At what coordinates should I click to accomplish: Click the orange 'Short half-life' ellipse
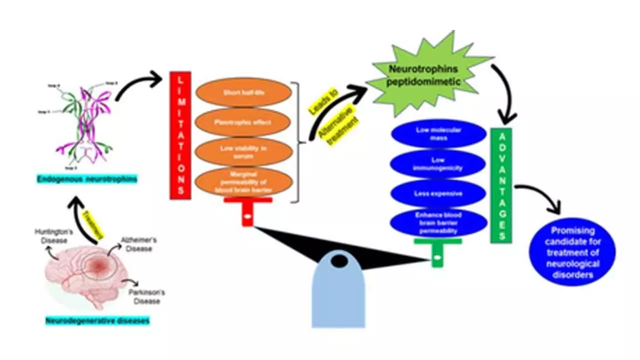click(x=243, y=94)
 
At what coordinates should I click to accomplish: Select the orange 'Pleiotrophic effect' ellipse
click(x=243, y=121)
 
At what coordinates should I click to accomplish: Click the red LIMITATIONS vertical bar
click(x=180, y=135)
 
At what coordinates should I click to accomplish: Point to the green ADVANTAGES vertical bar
click(x=500, y=185)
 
